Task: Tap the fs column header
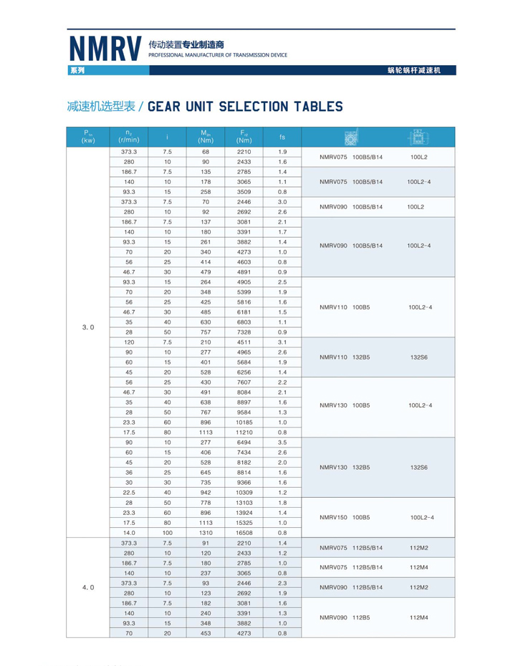pyautogui.click(x=282, y=137)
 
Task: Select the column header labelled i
pyautogui.click(x=167, y=137)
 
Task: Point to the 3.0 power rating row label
pyautogui.click(x=88, y=327)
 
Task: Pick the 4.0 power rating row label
pyautogui.click(x=88, y=587)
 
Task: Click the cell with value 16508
pyautogui.click(x=245, y=533)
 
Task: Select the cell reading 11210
pyautogui.click(x=245, y=433)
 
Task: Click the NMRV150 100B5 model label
pyautogui.click(x=345, y=517)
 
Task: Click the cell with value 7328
pyautogui.click(x=245, y=332)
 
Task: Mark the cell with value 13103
pyautogui.click(x=245, y=503)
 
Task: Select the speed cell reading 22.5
pyautogui.click(x=128, y=493)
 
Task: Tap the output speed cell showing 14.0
pyautogui.click(x=128, y=533)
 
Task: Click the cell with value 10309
pyautogui.click(x=245, y=493)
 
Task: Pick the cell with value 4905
pyautogui.click(x=245, y=282)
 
